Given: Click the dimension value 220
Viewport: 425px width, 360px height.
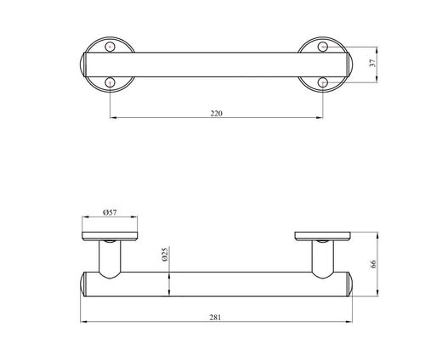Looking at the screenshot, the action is tap(217, 114).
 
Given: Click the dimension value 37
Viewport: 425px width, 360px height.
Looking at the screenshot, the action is tap(373, 63).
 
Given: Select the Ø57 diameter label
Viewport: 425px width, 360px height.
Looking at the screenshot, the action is tap(110, 212).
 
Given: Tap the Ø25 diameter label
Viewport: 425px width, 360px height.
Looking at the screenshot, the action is tap(165, 254).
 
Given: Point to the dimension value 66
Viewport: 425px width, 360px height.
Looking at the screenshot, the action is tap(373, 264).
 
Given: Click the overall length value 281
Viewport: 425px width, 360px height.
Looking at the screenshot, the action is tap(215, 318).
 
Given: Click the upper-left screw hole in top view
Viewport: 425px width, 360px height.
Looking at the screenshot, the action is tap(110, 47).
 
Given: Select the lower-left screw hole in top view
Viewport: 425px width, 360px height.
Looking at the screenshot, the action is tap(110, 82).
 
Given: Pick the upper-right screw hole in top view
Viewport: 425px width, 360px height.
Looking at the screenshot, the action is tap(323, 47).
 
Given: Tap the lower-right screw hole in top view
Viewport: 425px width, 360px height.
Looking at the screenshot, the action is tap(323, 82).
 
